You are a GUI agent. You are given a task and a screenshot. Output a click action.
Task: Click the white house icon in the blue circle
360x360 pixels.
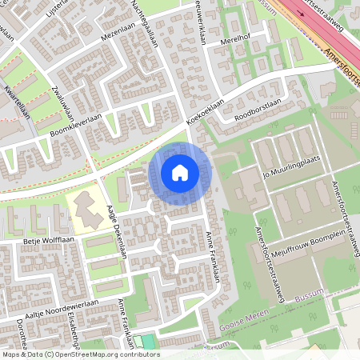tap(180, 172)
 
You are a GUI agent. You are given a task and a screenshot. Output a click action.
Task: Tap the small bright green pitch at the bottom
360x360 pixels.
tap(146, 342)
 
